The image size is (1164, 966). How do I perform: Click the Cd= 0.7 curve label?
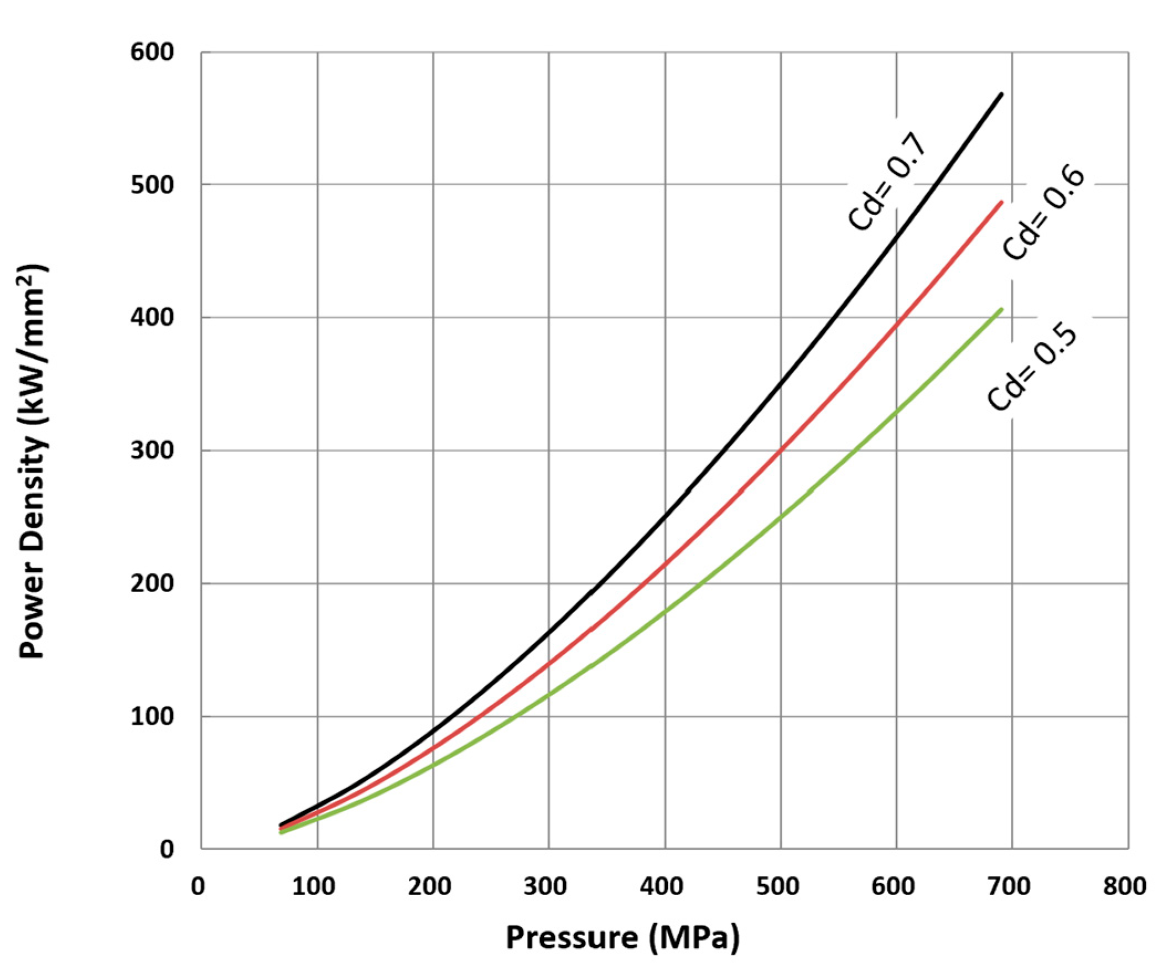pyautogui.click(x=887, y=182)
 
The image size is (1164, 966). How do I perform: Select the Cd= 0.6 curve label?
pyautogui.click(x=1043, y=214)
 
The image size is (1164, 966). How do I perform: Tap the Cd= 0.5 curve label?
pyautogui.click(x=1032, y=368)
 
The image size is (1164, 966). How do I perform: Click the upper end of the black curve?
pyautogui.click(x=1001, y=95)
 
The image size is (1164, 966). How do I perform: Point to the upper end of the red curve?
pyautogui.click(x=1001, y=202)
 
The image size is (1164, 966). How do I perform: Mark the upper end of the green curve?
pyautogui.click(x=1001, y=309)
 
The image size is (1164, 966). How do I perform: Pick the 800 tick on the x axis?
pyautogui.click(x=1124, y=886)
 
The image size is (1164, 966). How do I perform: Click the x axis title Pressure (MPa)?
pyautogui.click(x=622, y=937)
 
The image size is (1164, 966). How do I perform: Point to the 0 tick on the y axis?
pyautogui.click(x=167, y=849)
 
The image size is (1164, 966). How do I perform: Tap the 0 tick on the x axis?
pyautogui.click(x=198, y=886)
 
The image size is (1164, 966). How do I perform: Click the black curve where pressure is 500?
pyautogui.click(x=781, y=382)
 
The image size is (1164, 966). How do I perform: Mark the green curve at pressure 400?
pyautogui.click(x=665, y=611)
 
